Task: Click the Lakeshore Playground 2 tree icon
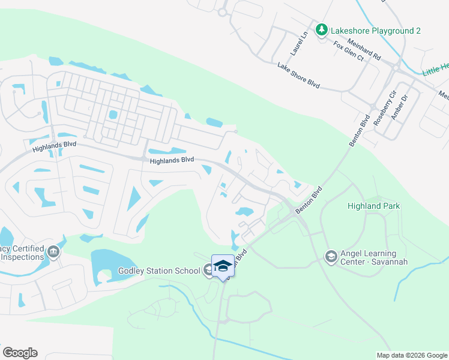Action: pyautogui.click(x=322, y=29)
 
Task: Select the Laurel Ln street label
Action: pyautogui.click(x=303, y=40)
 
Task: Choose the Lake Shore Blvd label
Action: pyautogui.click(x=298, y=76)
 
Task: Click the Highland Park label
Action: pyautogui.click(x=373, y=206)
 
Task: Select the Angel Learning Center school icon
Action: pyautogui.click(x=331, y=257)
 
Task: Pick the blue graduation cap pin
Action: pyautogui.click(x=222, y=266)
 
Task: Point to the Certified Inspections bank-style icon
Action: pyautogui.click(x=54, y=253)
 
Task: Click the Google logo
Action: pyautogui.click(x=20, y=353)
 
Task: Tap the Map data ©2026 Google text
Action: pyautogui.click(x=411, y=355)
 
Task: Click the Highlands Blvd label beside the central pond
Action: pyautogui.click(x=172, y=160)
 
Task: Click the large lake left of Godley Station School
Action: pyautogui.click(x=114, y=263)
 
